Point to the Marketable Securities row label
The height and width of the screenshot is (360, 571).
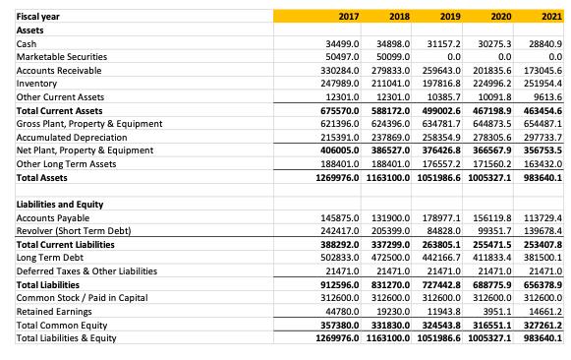click(x=63, y=59)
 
